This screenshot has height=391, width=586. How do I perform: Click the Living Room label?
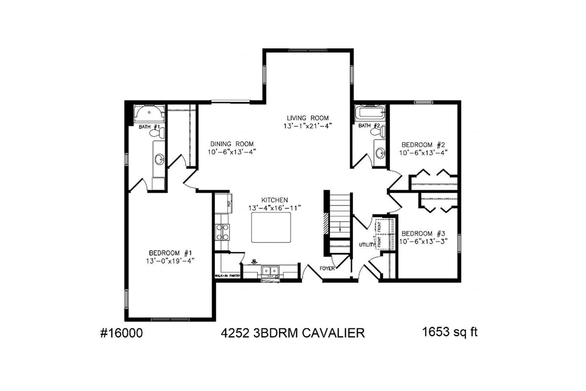(308, 118)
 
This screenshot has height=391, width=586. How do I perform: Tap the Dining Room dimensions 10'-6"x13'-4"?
(232, 152)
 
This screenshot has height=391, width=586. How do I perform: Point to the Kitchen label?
(274, 200)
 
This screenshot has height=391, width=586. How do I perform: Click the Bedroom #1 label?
(170, 253)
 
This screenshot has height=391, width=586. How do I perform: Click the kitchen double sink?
(270, 270)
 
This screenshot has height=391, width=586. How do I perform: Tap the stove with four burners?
(223, 232)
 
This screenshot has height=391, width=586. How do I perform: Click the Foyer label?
(327, 268)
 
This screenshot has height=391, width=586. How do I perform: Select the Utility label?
(366, 244)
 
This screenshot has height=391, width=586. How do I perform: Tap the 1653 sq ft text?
(449, 332)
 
